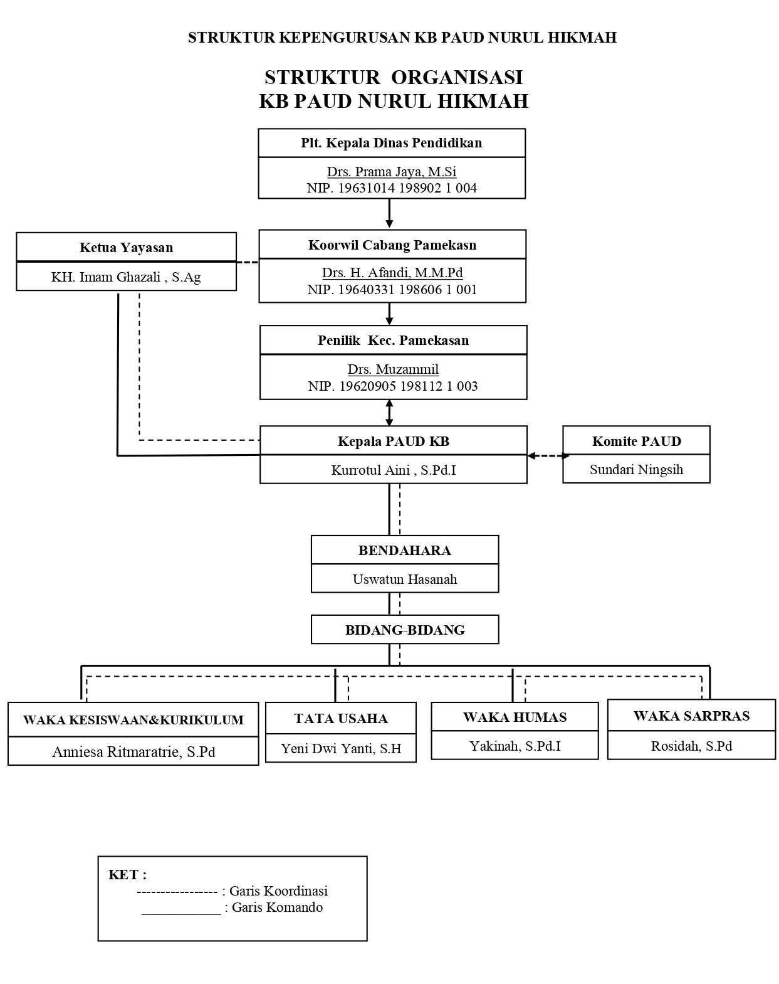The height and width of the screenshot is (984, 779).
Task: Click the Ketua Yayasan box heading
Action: [126, 247]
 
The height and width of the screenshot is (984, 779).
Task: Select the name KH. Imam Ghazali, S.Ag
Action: [126, 277]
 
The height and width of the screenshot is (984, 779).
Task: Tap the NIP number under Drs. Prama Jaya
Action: [392, 188]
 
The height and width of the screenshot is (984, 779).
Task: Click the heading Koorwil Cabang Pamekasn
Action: [392, 245]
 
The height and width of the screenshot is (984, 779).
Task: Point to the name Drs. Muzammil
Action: [393, 369]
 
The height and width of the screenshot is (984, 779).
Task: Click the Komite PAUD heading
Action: [636, 441]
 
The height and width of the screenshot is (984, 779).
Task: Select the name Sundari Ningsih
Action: [636, 470]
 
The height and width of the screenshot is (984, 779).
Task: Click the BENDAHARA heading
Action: [405, 550]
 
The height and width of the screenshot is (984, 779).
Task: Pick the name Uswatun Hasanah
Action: [405, 579]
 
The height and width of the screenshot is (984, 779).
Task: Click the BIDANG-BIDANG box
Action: [405, 630]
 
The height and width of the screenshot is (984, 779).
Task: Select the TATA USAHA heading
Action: [341, 718]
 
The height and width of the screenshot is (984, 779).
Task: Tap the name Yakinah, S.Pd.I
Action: [515, 746]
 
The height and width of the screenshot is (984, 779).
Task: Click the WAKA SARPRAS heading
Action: [691, 716]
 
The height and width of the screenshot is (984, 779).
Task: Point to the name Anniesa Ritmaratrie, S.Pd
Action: [133, 751]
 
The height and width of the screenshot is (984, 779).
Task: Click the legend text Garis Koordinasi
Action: [278, 891]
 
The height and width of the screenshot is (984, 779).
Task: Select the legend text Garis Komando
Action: [277, 907]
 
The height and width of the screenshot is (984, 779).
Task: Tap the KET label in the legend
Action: [127, 875]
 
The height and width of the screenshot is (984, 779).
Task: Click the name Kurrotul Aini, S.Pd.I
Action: [394, 470]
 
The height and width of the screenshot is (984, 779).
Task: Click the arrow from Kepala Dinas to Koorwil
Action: [389, 214]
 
